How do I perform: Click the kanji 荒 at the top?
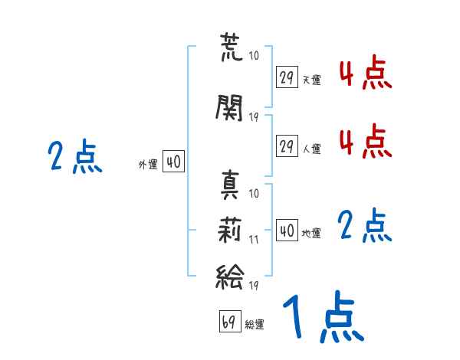231,47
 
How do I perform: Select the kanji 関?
229,108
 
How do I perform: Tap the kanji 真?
230,185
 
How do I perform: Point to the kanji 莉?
230,230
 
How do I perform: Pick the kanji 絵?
230,277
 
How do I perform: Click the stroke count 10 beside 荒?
254,55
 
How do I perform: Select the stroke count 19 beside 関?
254,117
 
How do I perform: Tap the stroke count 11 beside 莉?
254,240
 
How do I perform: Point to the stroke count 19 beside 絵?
254,285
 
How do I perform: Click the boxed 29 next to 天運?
287,77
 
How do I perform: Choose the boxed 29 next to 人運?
287,146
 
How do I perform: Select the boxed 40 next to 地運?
287,230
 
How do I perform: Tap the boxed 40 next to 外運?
173,162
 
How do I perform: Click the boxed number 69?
230,321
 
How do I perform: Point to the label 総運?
255,325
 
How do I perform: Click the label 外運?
148,165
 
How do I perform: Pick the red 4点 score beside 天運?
365,73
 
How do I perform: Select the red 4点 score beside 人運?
365,142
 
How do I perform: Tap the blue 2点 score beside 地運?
365,225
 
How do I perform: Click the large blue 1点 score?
324,316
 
